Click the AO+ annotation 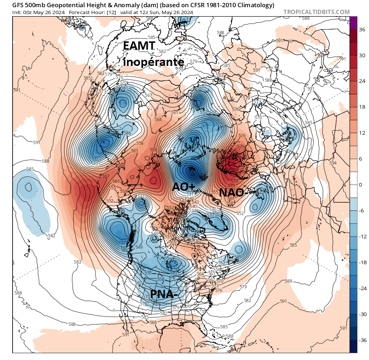[183, 187]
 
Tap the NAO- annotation [233, 193]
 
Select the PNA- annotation [164, 294]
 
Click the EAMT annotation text [139, 46]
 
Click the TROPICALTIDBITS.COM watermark [316, 12]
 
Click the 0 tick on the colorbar [360, 185]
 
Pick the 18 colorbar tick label [361, 107]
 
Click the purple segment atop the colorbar [354, 23]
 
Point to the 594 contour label [333, 163]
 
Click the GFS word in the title [18, 5]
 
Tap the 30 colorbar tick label [361, 55]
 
